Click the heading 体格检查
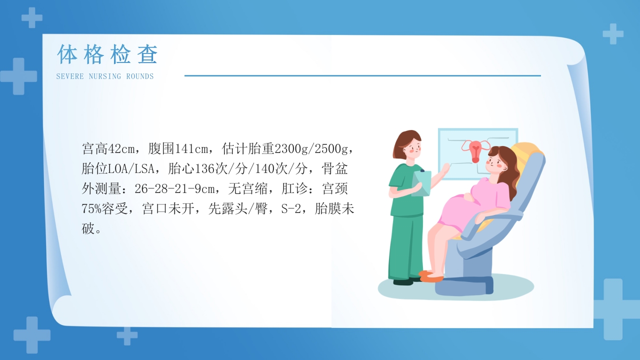[107, 54]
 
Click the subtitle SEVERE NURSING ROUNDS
[105, 76]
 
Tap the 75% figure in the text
[91, 209]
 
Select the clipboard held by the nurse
[421, 183]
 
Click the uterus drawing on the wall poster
[475, 150]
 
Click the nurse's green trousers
[407, 245]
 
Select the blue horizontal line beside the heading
[362, 76]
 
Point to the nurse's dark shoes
[404, 281]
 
